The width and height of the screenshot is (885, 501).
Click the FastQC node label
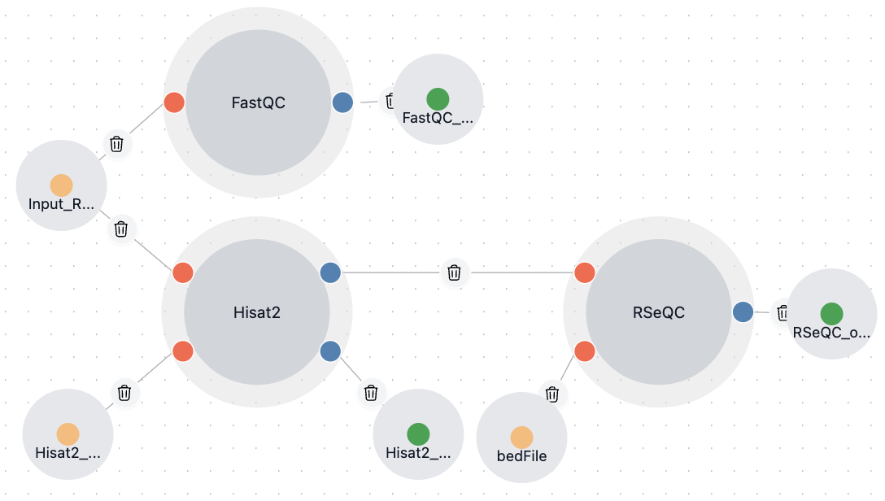258,102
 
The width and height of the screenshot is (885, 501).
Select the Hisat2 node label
256,311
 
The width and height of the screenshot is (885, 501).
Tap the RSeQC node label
658,311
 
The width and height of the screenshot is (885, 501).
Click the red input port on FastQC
174,102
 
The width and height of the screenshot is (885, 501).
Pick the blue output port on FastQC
342,102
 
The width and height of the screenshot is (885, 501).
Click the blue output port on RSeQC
742,311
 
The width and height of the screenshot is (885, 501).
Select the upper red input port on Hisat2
183,272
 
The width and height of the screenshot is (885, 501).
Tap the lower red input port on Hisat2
183,351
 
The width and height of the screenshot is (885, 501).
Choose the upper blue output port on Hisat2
330,272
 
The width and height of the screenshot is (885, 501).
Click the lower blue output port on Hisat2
330,351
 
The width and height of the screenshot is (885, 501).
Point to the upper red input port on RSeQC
584,272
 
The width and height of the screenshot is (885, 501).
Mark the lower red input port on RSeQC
584,351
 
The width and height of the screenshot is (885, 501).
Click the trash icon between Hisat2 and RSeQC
455,272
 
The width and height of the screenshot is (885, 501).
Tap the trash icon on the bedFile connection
552,394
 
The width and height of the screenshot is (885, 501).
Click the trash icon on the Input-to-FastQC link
117,144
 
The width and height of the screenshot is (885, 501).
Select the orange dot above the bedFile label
521,438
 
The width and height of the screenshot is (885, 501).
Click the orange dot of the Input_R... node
61,185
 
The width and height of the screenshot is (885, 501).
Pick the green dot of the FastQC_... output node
438,99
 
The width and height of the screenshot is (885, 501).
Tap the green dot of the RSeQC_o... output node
831,314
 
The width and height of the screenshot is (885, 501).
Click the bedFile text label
521,456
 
